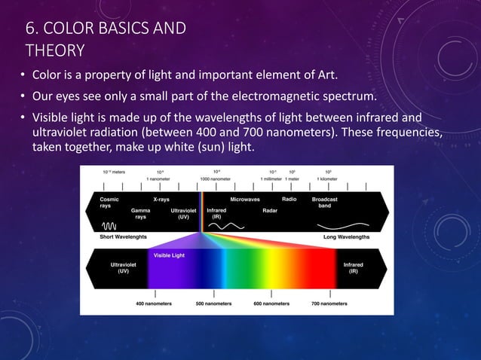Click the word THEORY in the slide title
click(54, 50)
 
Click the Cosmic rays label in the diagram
click(109, 203)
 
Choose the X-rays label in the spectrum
click(161, 200)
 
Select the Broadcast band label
click(326, 203)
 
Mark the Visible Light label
click(170, 256)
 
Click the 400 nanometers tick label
click(154, 304)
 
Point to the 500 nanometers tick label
click(214, 304)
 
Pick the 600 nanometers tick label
click(272, 304)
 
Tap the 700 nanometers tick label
click(330, 304)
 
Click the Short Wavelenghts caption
click(126, 236)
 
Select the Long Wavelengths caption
click(347, 236)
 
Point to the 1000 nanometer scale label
click(215, 178)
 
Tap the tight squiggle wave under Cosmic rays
click(110, 224)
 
